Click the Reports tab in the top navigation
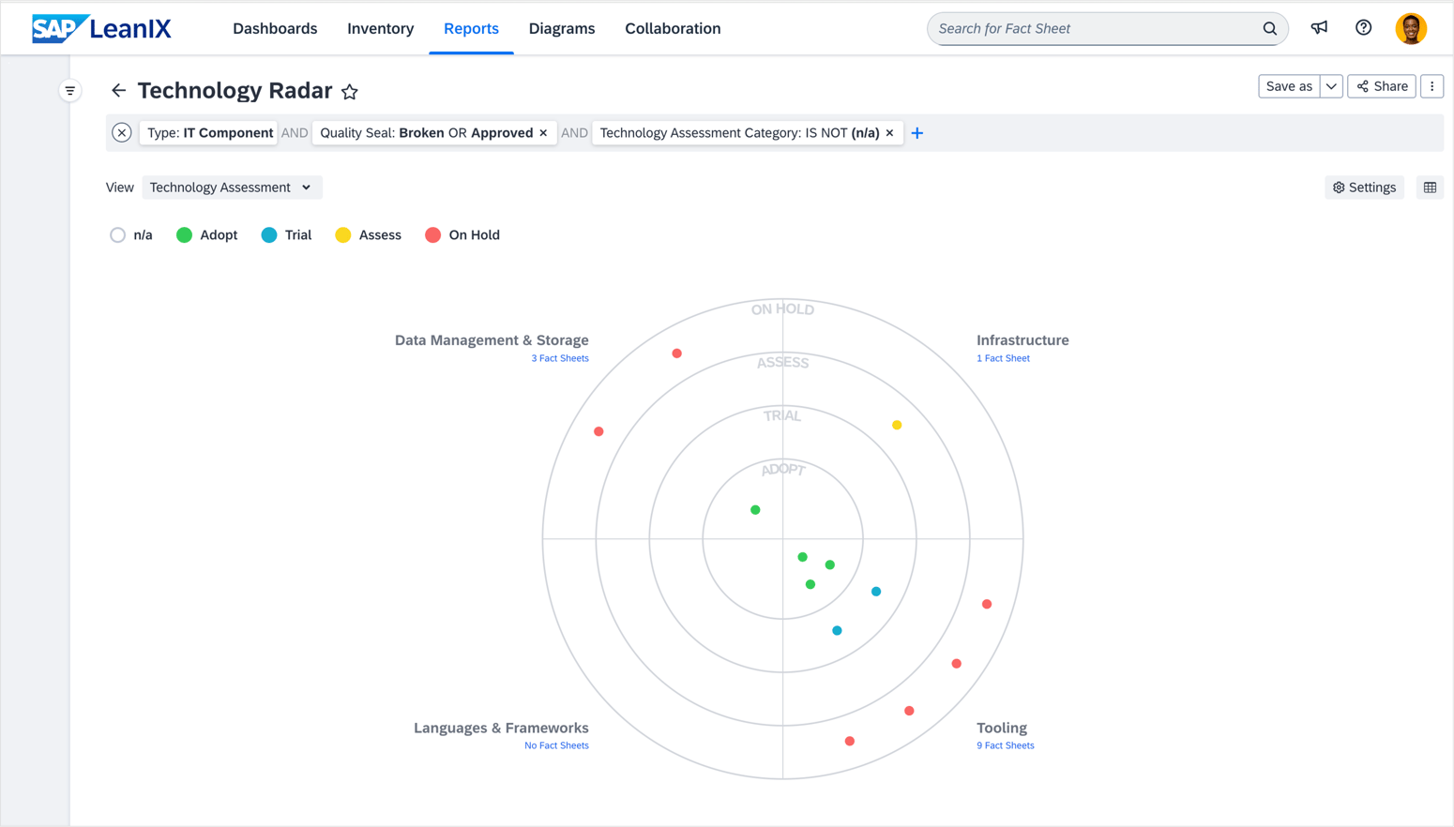coord(471,28)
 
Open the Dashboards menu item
coord(275,28)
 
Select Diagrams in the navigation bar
coord(562,28)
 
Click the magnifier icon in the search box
coord(1270,29)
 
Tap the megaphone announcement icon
coord(1319,28)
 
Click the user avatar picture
coord(1410,28)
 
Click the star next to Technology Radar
coord(350,92)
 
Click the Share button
coord(1382,86)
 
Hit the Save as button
coord(1289,86)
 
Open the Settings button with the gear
coord(1365,188)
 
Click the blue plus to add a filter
coord(917,133)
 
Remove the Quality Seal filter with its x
coord(543,133)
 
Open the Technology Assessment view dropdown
coord(231,188)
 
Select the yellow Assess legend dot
coord(343,235)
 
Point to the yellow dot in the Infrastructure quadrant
coord(897,425)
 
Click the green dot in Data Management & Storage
coord(755,510)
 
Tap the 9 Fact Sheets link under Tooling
coord(1006,745)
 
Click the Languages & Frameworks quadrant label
coord(501,728)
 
